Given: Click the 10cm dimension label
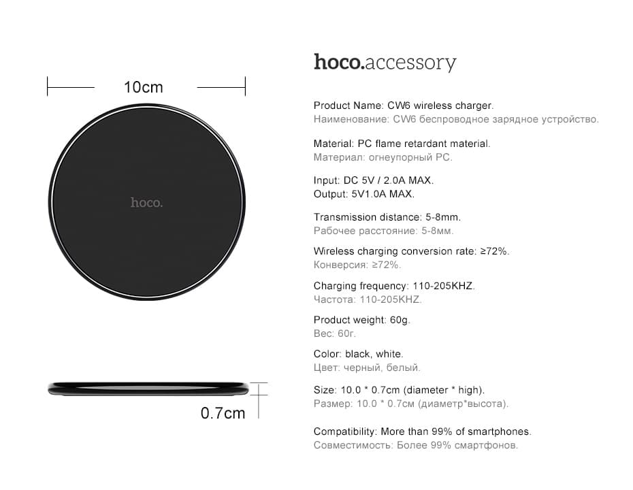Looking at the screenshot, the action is (144, 87).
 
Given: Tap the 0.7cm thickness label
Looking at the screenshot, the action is (223, 413).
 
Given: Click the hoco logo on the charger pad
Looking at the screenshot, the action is (146, 202).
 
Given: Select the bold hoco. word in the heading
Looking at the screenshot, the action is (339, 62).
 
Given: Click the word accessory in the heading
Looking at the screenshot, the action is (410, 64).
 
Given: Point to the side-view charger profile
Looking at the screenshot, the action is (148, 389).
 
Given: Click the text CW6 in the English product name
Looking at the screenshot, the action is (399, 105).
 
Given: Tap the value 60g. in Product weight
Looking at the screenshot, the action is (400, 321).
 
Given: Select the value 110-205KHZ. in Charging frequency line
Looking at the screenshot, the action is (444, 286).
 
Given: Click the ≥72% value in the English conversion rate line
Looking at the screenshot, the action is (495, 251).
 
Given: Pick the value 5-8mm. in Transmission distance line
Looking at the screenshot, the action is (443, 217).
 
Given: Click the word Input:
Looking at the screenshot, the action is (326, 181).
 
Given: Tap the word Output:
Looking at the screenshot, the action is (331, 194).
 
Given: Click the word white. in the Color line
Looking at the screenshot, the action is (389, 354).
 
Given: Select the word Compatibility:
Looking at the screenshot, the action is (345, 432).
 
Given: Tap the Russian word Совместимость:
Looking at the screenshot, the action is (353, 445).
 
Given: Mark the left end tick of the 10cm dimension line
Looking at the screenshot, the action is (48, 86).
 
